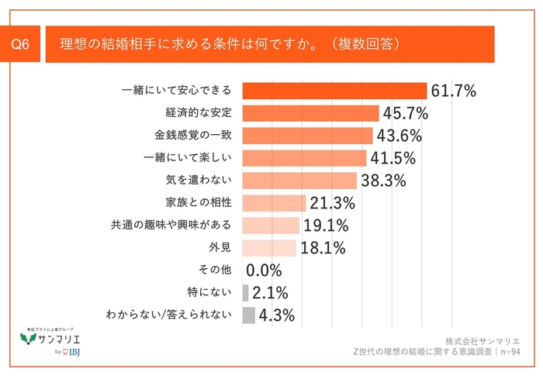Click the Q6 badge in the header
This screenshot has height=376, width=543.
22,45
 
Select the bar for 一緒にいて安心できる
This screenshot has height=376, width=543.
334,91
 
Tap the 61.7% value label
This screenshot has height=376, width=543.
454,91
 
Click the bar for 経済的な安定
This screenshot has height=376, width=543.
310,113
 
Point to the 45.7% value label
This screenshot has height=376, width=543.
405,113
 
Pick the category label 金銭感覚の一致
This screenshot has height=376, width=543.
193,136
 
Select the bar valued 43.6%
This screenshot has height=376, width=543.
307,136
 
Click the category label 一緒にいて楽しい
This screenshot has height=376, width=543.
188,158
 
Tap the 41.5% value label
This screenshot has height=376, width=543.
393,158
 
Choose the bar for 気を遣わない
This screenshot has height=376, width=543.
299,181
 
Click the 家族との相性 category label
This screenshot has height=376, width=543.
199,203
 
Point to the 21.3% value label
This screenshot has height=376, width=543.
331,204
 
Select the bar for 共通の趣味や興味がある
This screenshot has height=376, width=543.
271,226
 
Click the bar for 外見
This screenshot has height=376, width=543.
269,248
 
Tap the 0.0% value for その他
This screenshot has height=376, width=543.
264,271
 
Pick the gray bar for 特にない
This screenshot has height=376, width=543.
246,293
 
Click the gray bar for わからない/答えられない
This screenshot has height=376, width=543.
249,316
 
